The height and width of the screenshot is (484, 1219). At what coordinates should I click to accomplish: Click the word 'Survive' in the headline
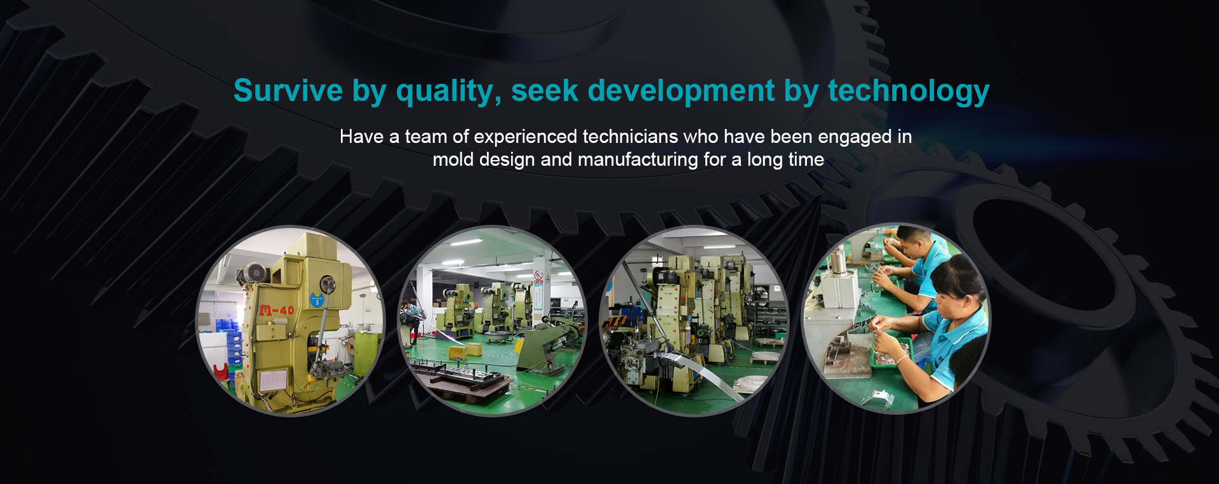288,90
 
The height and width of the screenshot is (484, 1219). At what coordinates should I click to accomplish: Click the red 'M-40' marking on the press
277,310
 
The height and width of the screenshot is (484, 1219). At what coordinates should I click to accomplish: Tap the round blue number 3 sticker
317,300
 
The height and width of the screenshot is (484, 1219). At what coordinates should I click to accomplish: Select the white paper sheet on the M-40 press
273,380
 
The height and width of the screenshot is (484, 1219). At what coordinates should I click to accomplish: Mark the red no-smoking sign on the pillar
539,276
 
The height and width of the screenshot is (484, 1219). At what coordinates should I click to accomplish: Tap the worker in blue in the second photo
413,318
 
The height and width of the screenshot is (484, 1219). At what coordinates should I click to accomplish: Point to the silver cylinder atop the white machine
838,262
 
